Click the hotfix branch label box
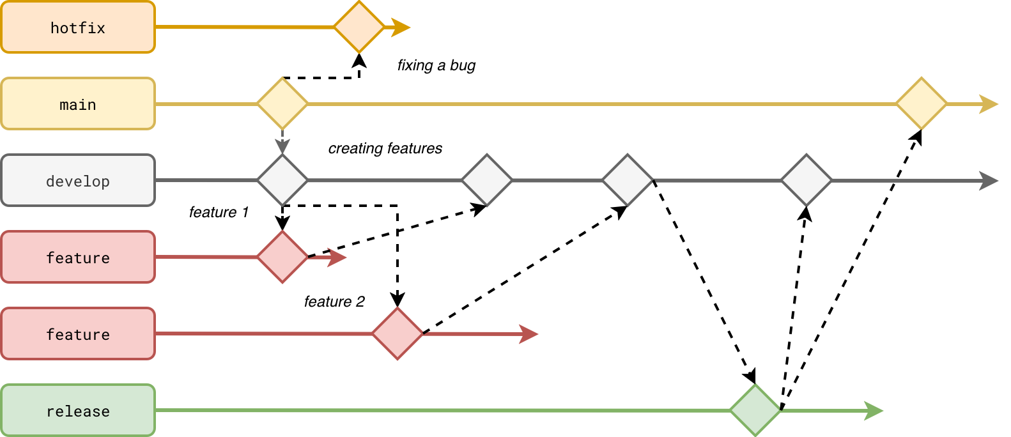(78, 27)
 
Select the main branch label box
(78, 104)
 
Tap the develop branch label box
(78, 181)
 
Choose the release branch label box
(78, 411)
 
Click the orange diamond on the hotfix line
(359, 27)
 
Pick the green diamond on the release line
(755, 410)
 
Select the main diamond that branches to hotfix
(282, 103)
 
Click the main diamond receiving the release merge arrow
(922, 103)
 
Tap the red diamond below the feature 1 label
(282, 257)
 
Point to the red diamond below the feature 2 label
(397, 333)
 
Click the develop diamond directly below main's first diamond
(282, 180)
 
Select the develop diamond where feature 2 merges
(628, 180)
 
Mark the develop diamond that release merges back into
(806, 180)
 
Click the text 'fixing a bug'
(436, 65)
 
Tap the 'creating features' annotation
(385, 148)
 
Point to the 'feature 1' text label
(219, 212)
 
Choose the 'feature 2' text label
(334, 302)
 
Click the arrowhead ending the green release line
(874, 411)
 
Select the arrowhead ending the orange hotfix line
(401, 27)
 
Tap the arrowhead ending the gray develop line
(989, 181)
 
